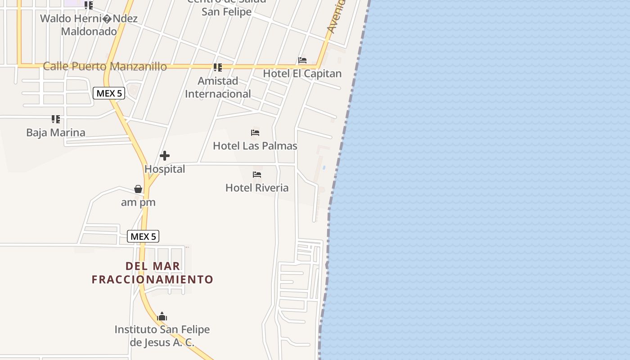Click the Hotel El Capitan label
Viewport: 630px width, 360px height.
tap(302, 73)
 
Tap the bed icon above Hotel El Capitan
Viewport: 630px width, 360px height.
tap(302, 60)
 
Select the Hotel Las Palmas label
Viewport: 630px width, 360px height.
tap(255, 146)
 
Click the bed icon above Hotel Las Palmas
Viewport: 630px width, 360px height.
tap(255, 133)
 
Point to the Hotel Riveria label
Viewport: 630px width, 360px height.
tap(257, 188)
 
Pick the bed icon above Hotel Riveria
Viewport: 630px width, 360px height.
tap(257, 175)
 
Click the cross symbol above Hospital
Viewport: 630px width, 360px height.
tap(165, 156)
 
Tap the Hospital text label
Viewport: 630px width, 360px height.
tap(165, 169)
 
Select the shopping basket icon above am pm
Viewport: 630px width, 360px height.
tap(138, 189)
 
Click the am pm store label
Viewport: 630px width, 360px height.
tap(138, 202)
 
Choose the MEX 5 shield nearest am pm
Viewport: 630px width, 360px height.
tap(143, 236)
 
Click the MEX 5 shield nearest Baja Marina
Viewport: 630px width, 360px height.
tap(109, 94)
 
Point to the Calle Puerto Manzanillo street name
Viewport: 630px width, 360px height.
tap(105, 67)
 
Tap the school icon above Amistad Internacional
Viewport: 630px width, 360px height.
tap(218, 67)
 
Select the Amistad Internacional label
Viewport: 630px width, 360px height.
tap(218, 87)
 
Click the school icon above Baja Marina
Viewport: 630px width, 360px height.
tap(56, 119)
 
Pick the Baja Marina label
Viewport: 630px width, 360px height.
tap(56, 133)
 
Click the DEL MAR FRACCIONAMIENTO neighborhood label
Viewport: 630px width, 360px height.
tap(153, 273)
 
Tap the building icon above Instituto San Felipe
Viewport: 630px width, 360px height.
tap(162, 317)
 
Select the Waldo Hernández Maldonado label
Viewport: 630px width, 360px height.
tap(89, 25)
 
